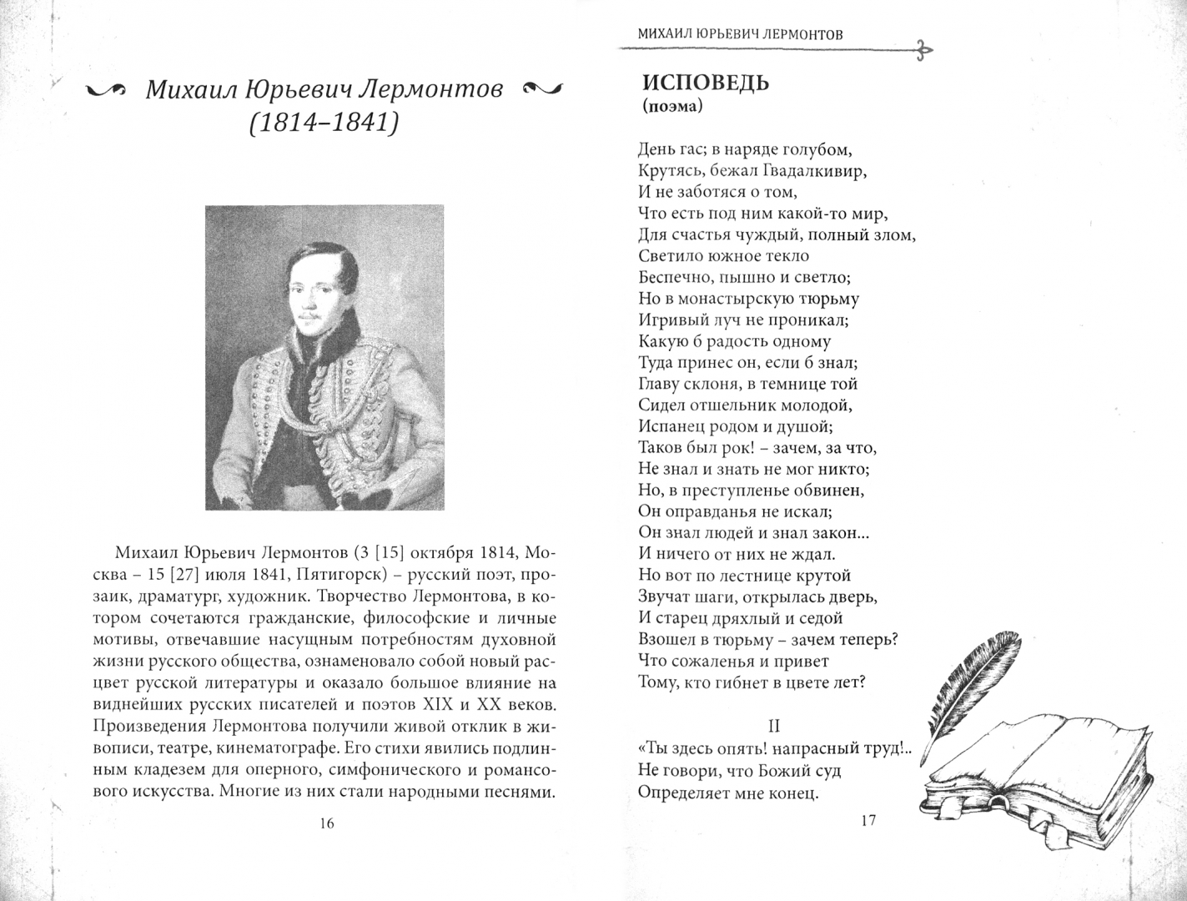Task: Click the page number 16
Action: click(x=326, y=823)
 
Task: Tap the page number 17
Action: click(x=868, y=820)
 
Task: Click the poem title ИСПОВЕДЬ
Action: click(x=705, y=83)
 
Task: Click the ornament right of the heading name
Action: click(x=542, y=88)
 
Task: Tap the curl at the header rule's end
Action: click(x=923, y=51)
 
